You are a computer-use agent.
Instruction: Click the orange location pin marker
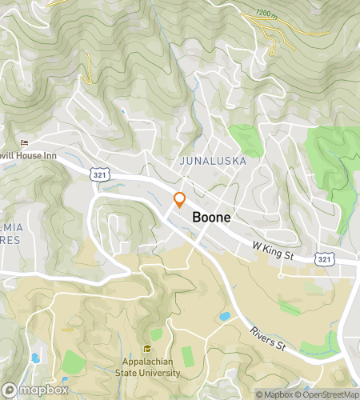click(x=179, y=200)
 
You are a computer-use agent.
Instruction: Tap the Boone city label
click(x=212, y=218)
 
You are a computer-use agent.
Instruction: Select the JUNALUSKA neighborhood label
click(x=212, y=161)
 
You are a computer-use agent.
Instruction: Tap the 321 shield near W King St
click(x=323, y=259)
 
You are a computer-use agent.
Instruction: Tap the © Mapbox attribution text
click(x=274, y=394)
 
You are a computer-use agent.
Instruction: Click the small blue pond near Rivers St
click(x=225, y=316)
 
